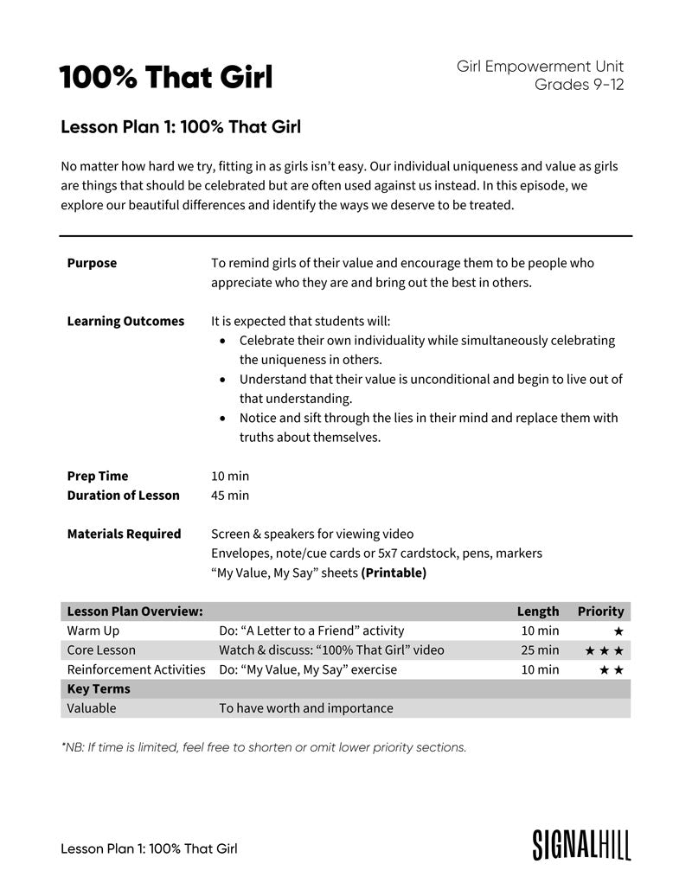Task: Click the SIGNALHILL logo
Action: tap(581, 845)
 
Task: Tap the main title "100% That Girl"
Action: tap(165, 78)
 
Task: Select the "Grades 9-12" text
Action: tap(579, 85)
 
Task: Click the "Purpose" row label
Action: tap(92, 263)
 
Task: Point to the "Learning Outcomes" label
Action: tap(125, 321)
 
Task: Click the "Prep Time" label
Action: tap(97, 476)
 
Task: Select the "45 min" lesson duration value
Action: tap(230, 496)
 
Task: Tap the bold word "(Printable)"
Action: tap(394, 573)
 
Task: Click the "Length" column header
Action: tap(538, 611)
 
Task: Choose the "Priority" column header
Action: tap(600, 611)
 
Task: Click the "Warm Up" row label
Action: tap(93, 631)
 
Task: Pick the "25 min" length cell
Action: tap(540, 650)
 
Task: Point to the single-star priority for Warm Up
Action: tap(618, 632)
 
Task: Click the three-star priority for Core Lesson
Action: tap(604, 650)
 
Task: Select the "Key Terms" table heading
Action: tap(99, 689)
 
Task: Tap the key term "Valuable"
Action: tap(92, 708)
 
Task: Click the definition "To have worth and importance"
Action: tap(305, 708)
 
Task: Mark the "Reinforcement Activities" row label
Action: tap(137, 669)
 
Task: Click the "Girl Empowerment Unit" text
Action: tap(540, 67)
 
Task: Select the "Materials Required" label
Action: tap(124, 534)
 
